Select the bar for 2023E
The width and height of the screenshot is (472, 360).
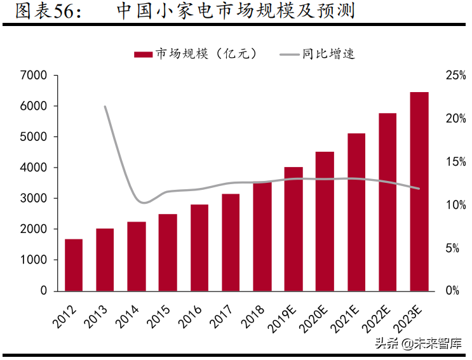(419, 191)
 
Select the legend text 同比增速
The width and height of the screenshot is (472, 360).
(328, 54)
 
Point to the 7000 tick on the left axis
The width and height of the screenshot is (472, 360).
(34, 76)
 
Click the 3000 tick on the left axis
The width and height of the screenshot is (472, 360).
(34, 199)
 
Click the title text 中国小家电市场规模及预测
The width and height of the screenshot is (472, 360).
(235, 11)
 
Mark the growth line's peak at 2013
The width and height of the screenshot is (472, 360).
(105, 107)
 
